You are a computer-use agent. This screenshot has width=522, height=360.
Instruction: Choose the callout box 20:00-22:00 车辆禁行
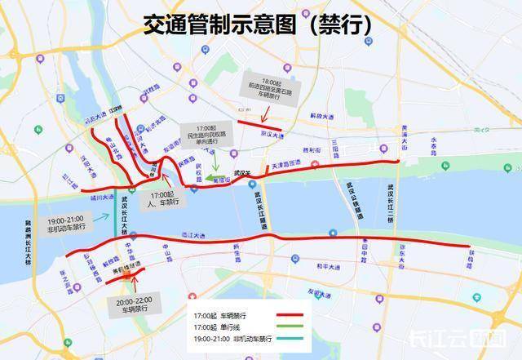[132, 304]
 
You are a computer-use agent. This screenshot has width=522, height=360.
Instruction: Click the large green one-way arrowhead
[210, 176]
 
